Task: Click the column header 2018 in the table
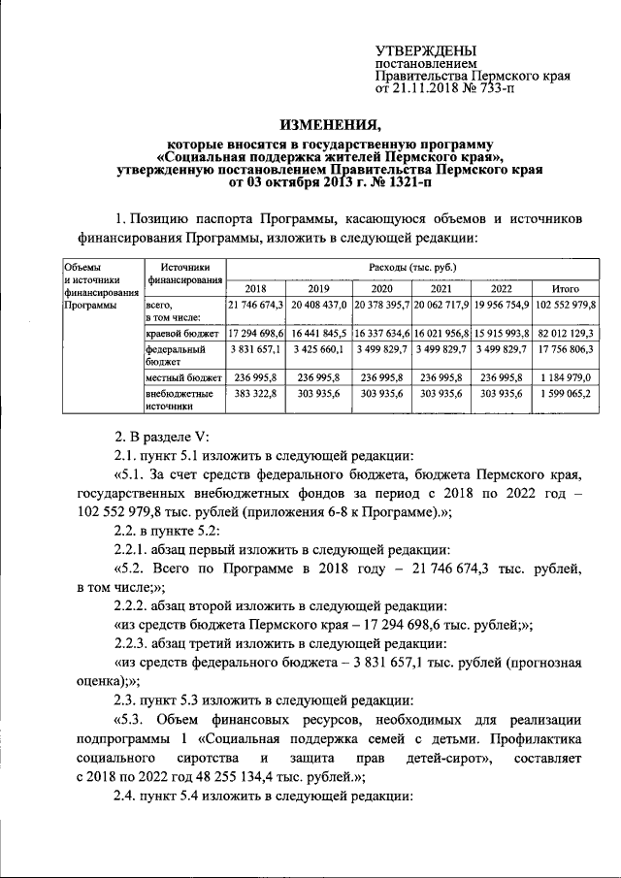(x=255, y=288)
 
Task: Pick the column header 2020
(x=382, y=288)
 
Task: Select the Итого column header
(x=565, y=288)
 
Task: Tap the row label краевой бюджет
(x=181, y=333)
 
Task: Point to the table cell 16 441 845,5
(x=319, y=333)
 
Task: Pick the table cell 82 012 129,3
(x=565, y=333)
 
